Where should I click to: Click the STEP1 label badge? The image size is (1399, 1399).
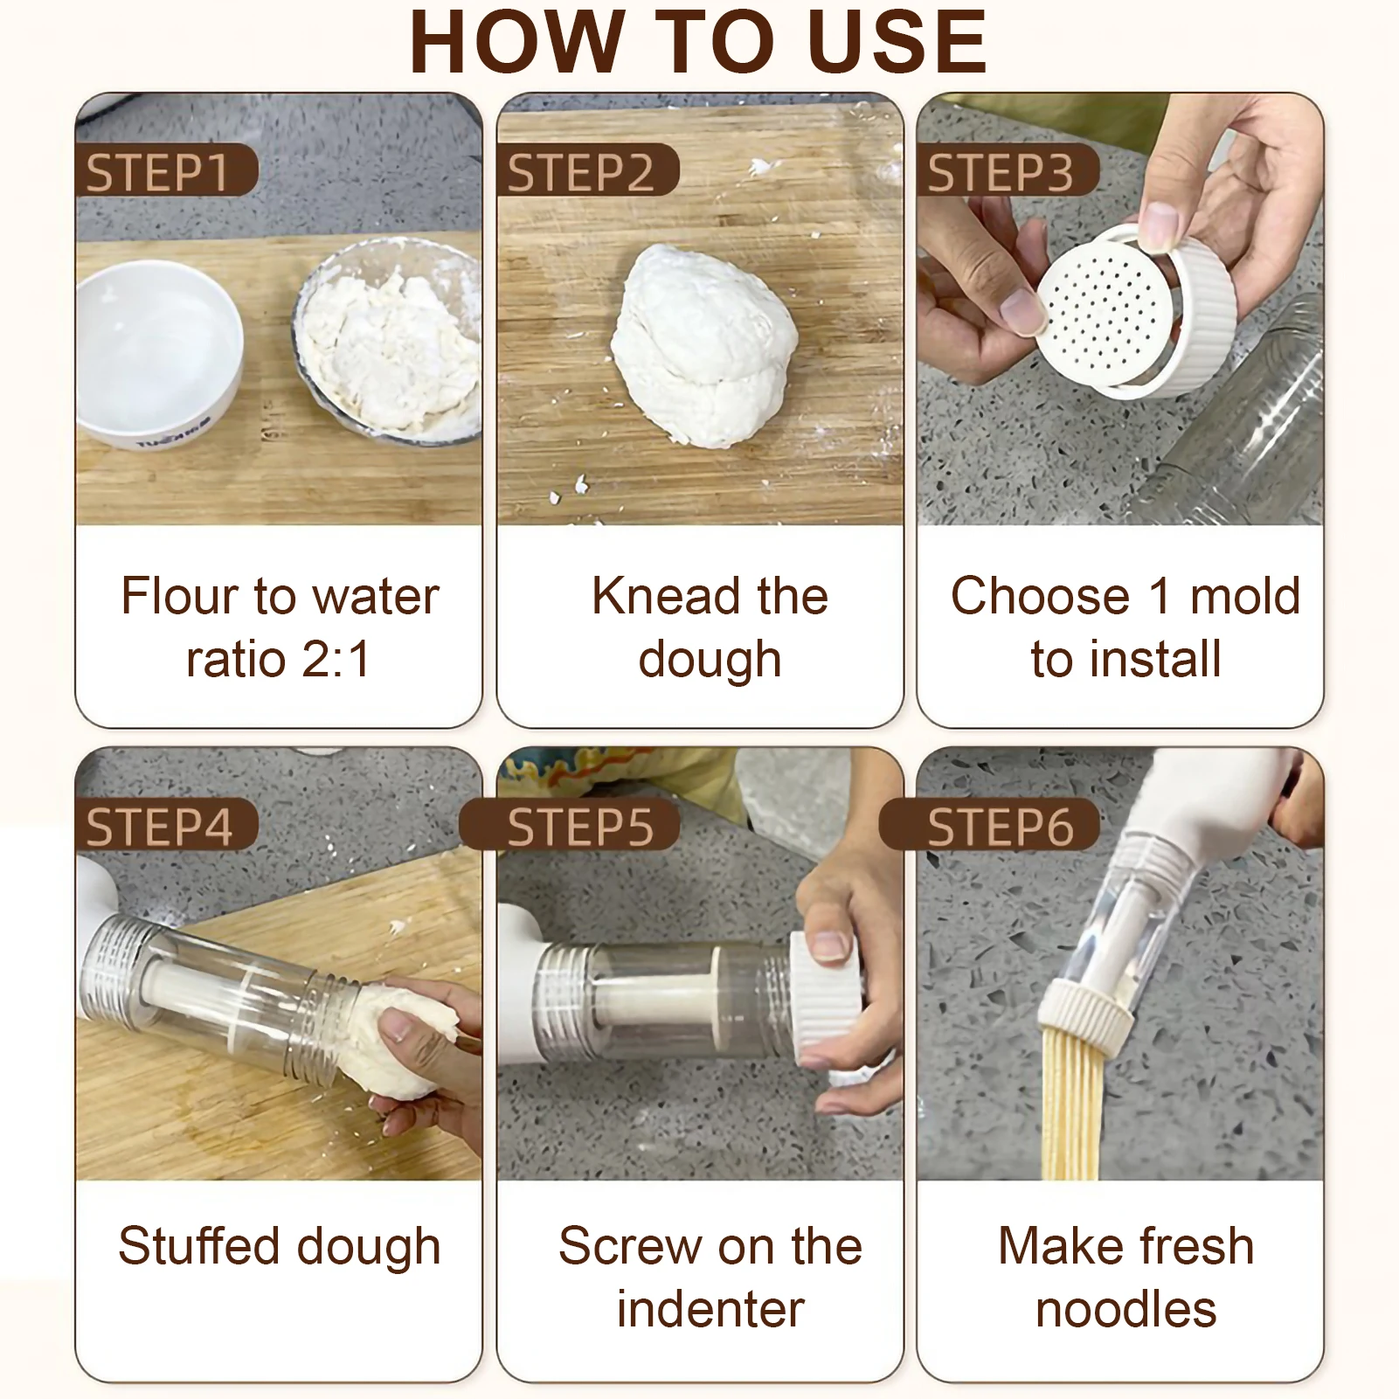click(166, 170)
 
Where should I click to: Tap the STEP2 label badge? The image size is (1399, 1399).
click(587, 170)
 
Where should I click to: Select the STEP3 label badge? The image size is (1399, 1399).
click(1008, 170)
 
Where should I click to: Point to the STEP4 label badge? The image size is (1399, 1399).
click(166, 825)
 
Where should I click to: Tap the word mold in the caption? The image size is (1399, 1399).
click(1245, 596)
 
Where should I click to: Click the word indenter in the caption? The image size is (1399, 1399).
click(710, 1310)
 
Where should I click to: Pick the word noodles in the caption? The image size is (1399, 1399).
click(1125, 1310)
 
